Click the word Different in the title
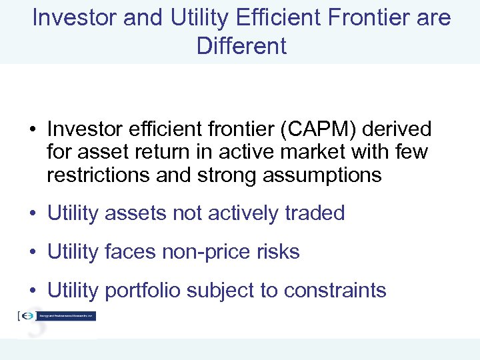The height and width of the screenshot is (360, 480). coord(241,46)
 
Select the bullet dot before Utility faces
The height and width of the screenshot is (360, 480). coord(33,253)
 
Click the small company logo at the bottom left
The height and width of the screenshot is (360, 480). coord(57,316)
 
